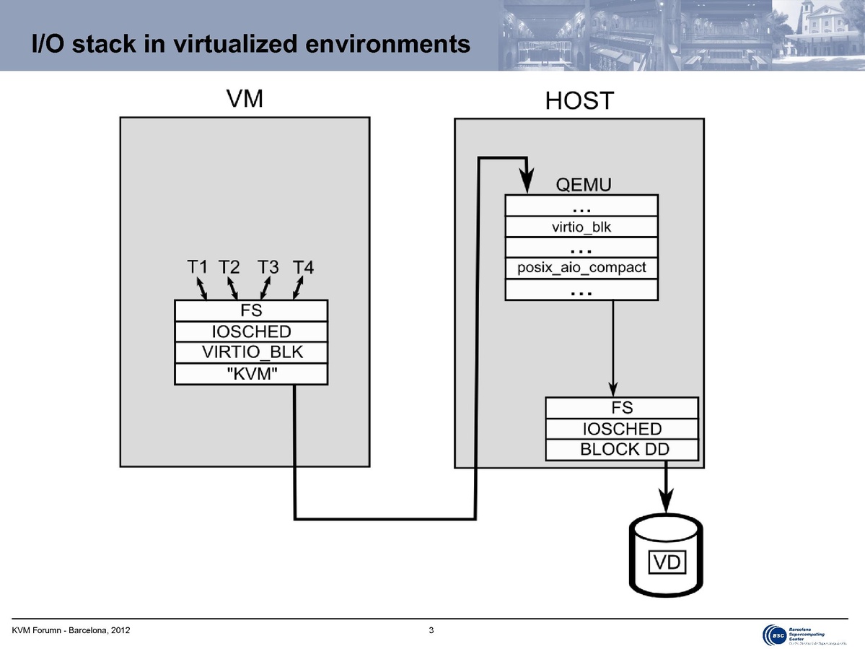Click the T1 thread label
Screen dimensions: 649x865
(197, 267)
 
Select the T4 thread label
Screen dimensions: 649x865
(304, 268)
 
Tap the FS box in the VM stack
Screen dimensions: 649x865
(251, 311)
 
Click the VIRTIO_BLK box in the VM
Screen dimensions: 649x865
(251, 353)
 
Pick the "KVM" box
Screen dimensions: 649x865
(251, 374)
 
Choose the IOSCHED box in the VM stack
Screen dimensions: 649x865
(251, 332)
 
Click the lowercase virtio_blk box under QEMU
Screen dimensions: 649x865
(581, 227)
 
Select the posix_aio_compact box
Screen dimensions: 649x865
(581, 268)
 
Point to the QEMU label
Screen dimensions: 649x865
(584, 185)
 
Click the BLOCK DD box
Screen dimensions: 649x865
(622, 450)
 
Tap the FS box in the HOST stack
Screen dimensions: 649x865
(622, 408)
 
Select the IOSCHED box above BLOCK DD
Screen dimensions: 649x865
(622, 429)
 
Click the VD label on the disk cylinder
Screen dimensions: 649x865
(667, 561)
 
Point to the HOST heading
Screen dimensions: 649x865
(579, 101)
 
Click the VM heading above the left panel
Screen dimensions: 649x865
(244, 100)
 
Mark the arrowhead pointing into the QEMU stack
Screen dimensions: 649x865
(527, 183)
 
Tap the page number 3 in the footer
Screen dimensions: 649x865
(431, 632)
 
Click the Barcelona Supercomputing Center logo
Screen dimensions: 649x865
(804, 633)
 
